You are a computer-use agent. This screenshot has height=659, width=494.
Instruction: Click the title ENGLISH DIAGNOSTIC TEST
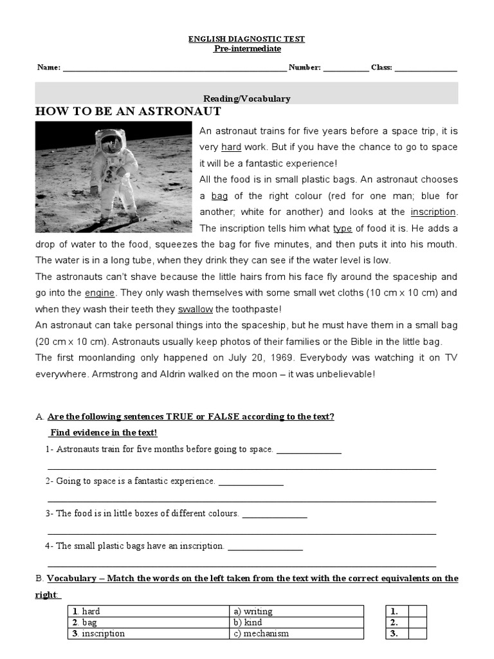click(246, 39)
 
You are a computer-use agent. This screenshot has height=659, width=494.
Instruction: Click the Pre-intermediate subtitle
click(246, 49)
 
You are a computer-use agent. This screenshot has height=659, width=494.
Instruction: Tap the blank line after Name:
click(174, 68)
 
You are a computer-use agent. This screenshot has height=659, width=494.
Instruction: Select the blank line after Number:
click(346, 68)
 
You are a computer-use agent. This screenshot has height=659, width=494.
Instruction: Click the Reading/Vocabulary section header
click(246, 98)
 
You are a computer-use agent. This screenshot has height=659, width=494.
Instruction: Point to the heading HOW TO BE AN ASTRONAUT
click(128, 111)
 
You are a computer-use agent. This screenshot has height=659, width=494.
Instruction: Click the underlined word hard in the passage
click(231, 147)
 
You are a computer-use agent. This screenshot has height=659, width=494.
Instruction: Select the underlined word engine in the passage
click(100, 293)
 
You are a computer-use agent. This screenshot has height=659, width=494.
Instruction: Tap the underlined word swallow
click(196, 309)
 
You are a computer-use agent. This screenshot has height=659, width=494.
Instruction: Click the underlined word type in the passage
click(342, 228)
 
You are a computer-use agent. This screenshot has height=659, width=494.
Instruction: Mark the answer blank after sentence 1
click(309, 450)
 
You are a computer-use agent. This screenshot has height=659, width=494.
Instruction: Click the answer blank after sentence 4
click(265, 547)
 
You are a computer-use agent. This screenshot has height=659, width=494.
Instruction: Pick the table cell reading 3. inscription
click(148, 633)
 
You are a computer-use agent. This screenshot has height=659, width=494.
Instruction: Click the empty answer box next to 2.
click(417, 622)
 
